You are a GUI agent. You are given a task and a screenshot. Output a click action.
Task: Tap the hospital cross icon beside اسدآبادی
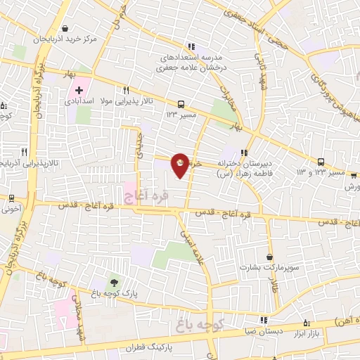point(79,91)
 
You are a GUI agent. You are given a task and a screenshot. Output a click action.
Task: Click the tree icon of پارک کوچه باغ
point(114,282)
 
